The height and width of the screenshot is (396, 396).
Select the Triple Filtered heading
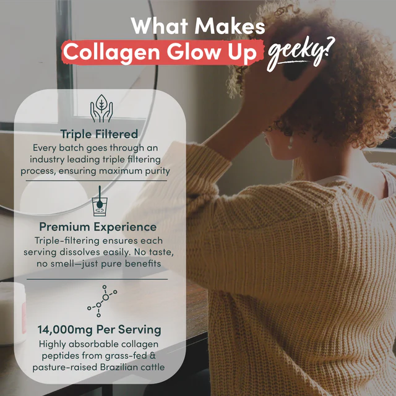99,134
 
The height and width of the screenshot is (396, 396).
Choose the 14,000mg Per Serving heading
99,329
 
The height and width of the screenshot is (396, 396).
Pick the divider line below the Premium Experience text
99,279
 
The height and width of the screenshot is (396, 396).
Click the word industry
55,158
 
